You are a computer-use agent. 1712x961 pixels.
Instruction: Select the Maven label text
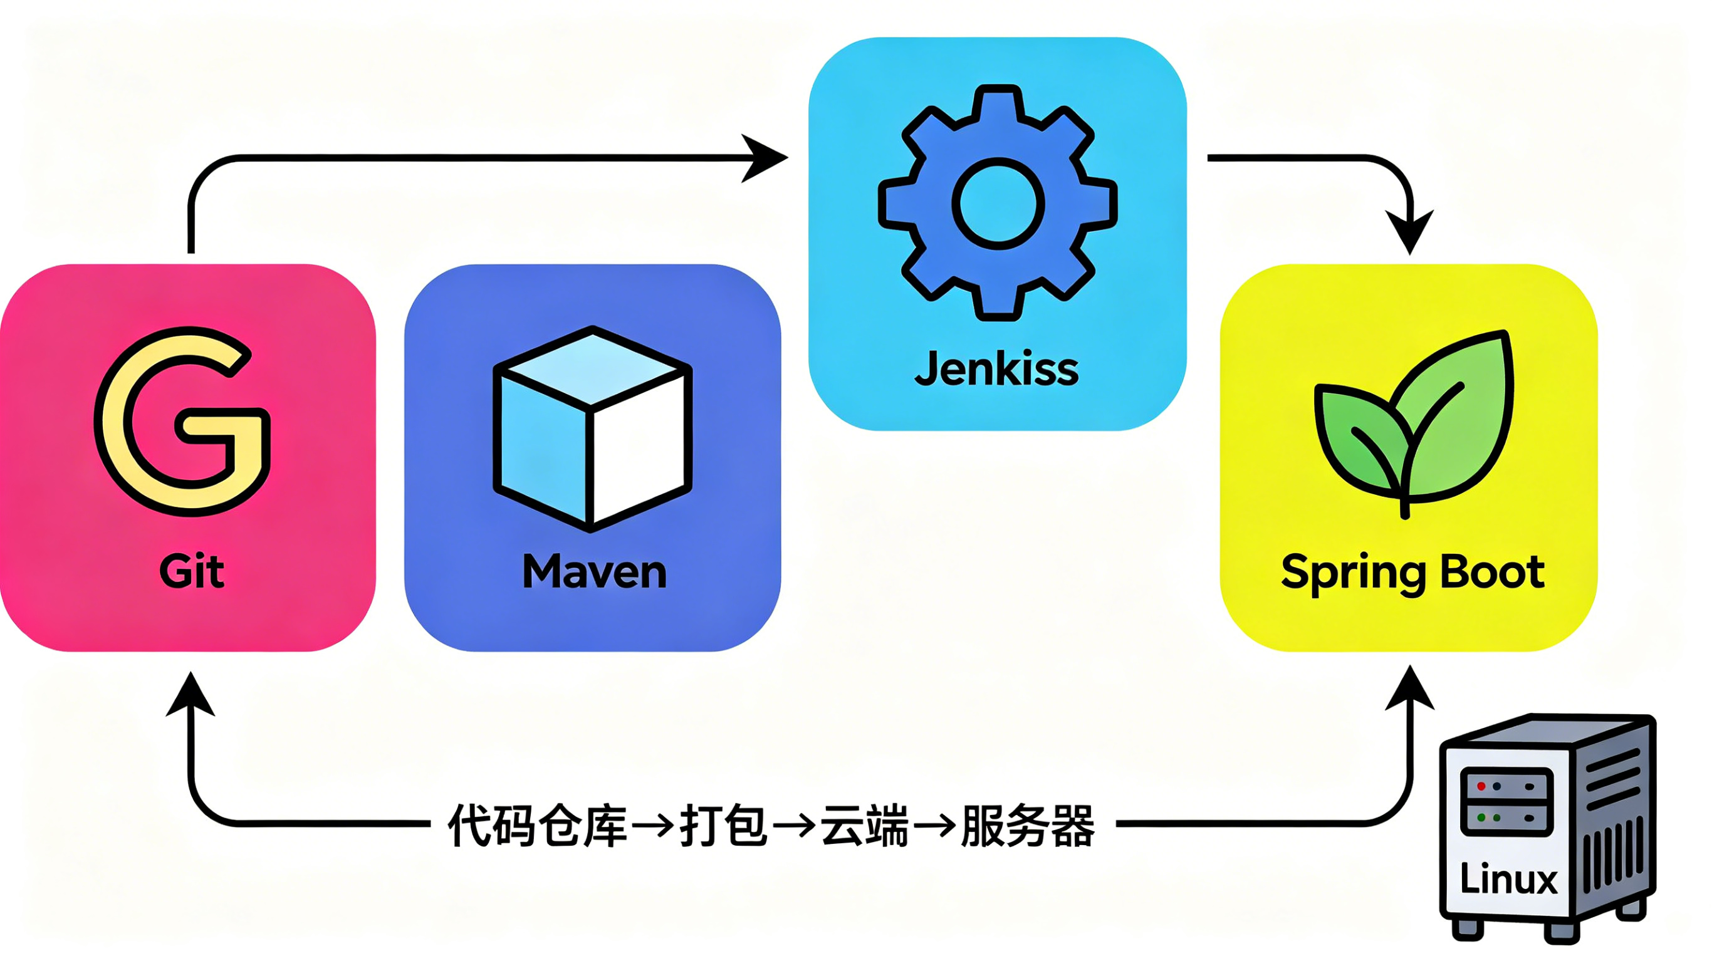[594, 571]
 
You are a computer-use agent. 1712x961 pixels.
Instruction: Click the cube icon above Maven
[592, 429]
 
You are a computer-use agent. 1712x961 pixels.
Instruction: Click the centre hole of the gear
[998, 204]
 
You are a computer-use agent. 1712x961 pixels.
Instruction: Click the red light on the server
[1481, 786]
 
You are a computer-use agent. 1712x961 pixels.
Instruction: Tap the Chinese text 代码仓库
[538, 826]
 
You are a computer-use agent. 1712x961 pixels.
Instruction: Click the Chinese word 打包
[724, 826]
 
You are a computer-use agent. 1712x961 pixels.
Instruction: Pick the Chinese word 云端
[865, 826]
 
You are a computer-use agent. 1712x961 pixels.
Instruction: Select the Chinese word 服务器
[1028, 826]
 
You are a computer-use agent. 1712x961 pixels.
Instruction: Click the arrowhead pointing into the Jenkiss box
[765, 158]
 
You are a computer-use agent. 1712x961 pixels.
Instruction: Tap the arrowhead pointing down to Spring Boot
[1409, 232]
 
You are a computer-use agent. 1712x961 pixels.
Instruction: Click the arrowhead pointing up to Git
[191, 694]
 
